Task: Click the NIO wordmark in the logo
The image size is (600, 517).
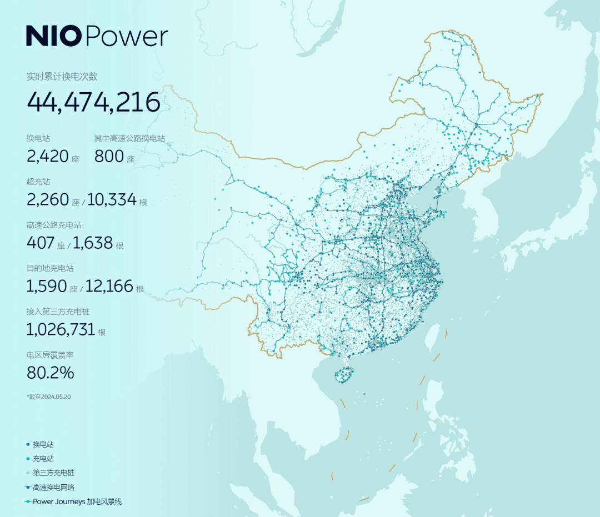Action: pos(54,37)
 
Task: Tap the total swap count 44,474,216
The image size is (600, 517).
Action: pos(93,102)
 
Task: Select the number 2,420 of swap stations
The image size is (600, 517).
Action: pos(47,156)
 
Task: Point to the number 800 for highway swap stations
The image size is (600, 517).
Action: pos(109,156)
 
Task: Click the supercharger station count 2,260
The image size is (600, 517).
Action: pos(48,199)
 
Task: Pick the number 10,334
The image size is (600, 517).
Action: pos(112,199)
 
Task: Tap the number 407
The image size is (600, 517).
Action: pos(41,243)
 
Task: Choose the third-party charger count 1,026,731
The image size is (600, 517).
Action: pos(61,329)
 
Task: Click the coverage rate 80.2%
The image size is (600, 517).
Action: pos(50,373)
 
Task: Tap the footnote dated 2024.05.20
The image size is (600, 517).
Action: pos(49,397)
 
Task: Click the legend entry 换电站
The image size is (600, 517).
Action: pos(43,444)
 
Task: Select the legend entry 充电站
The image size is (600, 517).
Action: pos(43,459)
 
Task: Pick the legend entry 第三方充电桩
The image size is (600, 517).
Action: pos(53,473)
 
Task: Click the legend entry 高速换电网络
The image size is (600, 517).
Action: pos(53,488)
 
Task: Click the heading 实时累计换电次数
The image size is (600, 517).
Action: pos(62,77)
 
